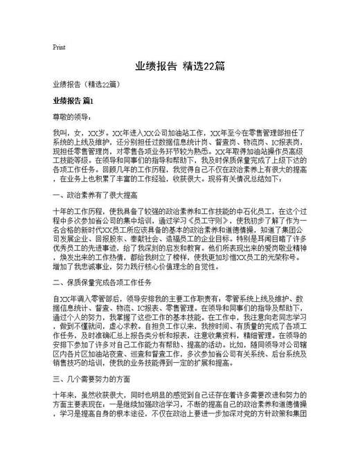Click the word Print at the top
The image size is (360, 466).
(x=58, y=47)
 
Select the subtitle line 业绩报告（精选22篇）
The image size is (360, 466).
(x=86, y=84)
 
